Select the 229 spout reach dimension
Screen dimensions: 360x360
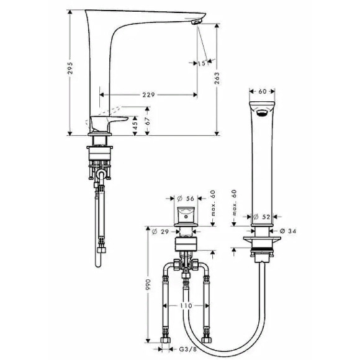tap(148, 94)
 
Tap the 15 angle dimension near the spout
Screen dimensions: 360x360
tap(203, 63)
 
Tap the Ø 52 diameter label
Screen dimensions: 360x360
tap(261, 217)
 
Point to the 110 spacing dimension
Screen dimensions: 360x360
tap(185, 307)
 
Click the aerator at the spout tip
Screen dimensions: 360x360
tap(197, 22)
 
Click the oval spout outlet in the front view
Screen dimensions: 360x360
tap(262, 112)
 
